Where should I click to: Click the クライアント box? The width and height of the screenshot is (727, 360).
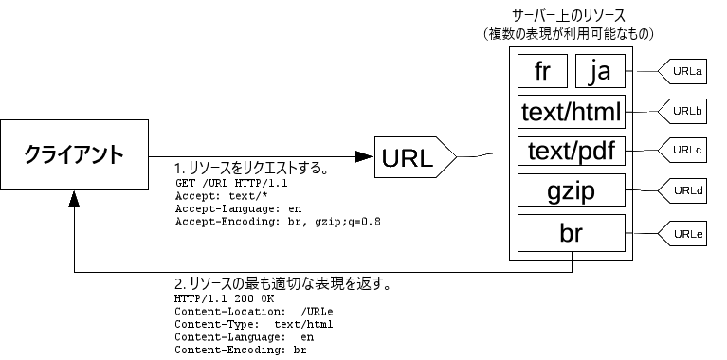pyautogui.click(x=74, y=153)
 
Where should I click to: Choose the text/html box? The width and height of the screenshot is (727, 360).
pyautogui.click(x=572, y=113)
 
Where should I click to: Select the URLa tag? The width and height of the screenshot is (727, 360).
pyautogui.click(x=684, y=71)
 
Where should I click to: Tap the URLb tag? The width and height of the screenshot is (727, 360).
pyautogui.click(x=684, y=111)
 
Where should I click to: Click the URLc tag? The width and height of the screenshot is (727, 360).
pyautogui.click(x=684, y=151)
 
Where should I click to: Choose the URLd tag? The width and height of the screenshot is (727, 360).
pyautogui.click(x=684, y=191)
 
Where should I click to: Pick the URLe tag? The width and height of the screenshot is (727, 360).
pyautogui.click(x=684, y=233)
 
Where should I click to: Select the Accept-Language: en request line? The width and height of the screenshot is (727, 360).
pyautogui.click(x=240, y=208)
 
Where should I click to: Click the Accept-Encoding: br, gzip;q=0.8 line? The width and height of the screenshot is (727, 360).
pyautogui.click(x=278, y=222)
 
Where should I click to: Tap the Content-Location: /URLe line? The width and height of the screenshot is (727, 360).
pyautogui.click(x=254, y=311)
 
